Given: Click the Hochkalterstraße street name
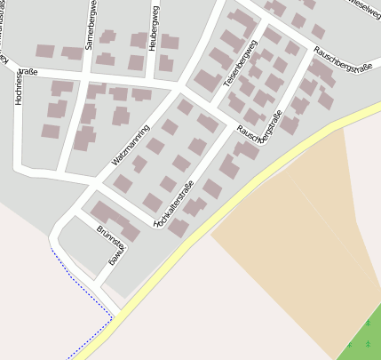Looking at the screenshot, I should [174, 204].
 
